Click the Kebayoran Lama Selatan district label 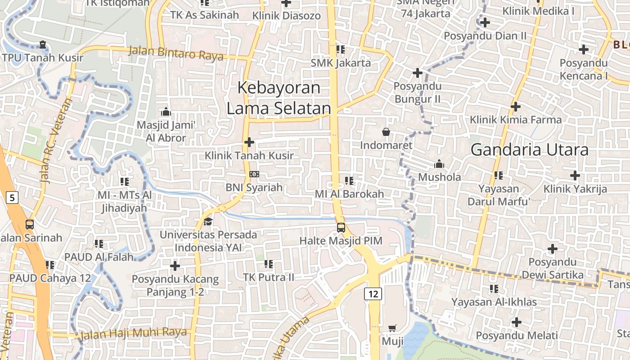pos(279,98)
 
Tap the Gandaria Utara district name pos(530,150)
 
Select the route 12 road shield pos(373,294)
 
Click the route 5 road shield pos(12,197)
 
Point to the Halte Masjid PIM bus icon pos(341,227)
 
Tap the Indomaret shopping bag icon pos(386,132)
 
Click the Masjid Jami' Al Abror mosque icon pos(166,111)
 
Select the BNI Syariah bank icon pos(254,174)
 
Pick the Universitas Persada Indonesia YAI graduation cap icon pos(208,221)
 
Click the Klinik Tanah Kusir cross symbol pos(249,142)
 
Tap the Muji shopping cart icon pos(392,328)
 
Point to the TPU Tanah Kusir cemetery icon pos(43,45)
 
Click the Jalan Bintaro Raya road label pos(176,53)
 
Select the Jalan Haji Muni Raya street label pos(133,334)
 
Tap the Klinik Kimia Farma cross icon pos(516,107)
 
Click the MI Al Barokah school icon pos(349,181)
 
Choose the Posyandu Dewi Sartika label pos(553,268)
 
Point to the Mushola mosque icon pos(439,164)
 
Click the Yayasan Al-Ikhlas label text pos(494,302)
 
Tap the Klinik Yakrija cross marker pos(575,175)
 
